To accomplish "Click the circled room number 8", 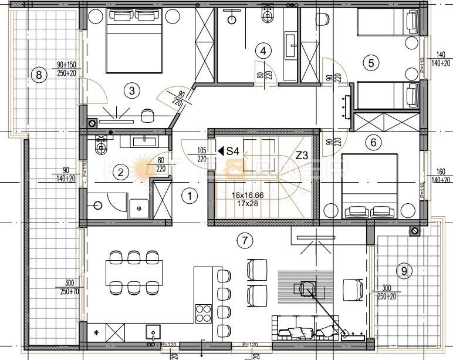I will coord(39,75).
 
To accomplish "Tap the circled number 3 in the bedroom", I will coord(132,90).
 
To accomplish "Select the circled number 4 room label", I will coord(263,51).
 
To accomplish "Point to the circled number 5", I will coord(369,61).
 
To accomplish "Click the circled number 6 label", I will coord(371,142).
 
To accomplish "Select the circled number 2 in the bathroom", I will coord(120,172).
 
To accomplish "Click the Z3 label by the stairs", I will coord(302,156).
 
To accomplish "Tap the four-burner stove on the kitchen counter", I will coord(203,312).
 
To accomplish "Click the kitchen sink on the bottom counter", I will coord(154,332).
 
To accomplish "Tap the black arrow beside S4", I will coord(221,151).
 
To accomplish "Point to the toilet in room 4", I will coord(268,12).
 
